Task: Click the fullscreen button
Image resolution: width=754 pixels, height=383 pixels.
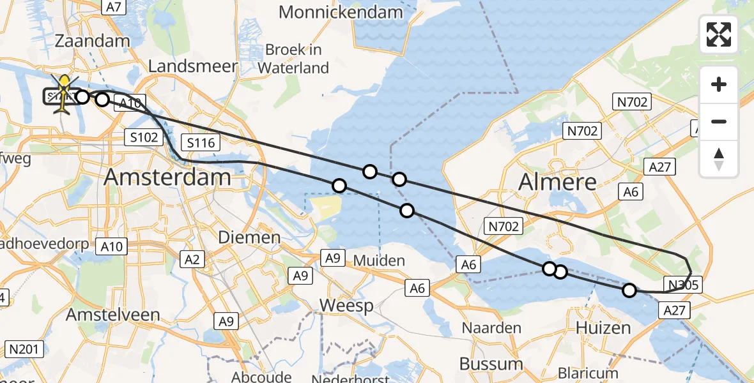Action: [719, 34]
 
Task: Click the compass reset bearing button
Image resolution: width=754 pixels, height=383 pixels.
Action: [719, 159]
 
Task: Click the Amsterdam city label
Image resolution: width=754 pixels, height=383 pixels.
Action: [168, 177]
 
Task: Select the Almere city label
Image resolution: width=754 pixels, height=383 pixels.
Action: [557, 182]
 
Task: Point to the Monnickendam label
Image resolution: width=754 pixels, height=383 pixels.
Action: [341, 11]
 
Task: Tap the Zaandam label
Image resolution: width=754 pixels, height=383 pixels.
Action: [93, 40]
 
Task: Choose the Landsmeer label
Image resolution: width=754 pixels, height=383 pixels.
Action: [193, 66]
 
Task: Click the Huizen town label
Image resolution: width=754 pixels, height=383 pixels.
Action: [603, 328]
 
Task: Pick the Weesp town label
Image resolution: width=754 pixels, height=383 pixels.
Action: [346, 305]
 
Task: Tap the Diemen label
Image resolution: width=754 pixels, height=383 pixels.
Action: [249, 237]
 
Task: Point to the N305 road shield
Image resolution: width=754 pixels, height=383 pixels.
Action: [683, 285]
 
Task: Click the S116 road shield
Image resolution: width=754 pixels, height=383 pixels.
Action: [201, 143]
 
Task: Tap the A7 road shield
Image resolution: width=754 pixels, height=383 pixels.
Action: [114, 7]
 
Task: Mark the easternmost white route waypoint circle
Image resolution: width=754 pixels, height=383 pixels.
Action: [629, 290]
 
